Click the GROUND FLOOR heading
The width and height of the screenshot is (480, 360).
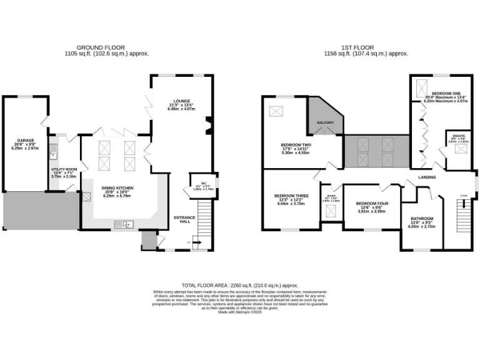[x=100, y=47]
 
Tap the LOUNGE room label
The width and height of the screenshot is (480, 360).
[x=182, y=100]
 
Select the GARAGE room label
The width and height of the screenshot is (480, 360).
[x=26, y=141]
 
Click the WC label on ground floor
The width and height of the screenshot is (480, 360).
[x=204, y=184]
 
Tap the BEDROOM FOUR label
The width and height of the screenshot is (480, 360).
[x=372, y=204]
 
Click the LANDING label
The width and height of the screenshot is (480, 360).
[x=427, y=177]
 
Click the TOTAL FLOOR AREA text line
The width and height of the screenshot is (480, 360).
[x=239, y=284]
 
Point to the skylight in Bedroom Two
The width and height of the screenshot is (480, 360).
[x=276, y=111]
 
